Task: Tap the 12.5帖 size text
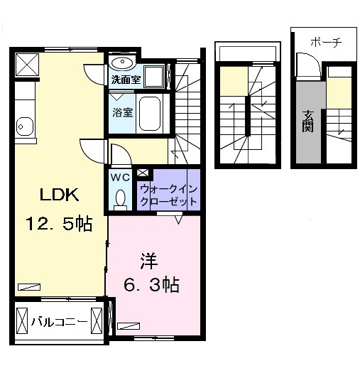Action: tap(58, 225)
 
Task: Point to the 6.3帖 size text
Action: tap(151, 285)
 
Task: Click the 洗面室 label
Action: tap(125, 79)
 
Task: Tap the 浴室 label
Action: tap(121, 112)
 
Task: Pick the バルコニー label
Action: tap(59, 323)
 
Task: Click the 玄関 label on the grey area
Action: tap(308, 120)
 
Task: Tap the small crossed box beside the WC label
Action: tap(142, 172)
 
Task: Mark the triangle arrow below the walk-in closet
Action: tap(179, 220)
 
